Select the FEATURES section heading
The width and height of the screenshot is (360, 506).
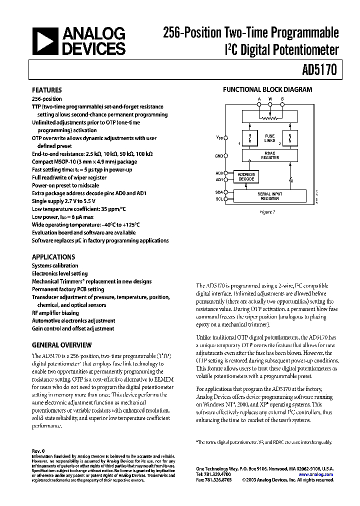[x=47, y=90]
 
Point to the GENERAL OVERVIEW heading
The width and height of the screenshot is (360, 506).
[x=62, y=345]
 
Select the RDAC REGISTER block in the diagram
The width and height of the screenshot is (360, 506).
[x=270, y=155]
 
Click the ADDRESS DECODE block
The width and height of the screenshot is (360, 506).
[x=246, y=176]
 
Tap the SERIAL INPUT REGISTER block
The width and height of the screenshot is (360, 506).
[x=270, y=195]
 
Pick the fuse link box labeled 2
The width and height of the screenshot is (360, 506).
[x=288, y=137]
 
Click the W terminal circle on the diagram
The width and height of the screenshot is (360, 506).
[x=270, y=104]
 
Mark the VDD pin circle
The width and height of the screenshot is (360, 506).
[x=226, y=137]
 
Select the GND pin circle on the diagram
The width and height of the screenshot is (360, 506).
[x=226, y=156]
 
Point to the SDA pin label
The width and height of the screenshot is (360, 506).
[x=218, y=192]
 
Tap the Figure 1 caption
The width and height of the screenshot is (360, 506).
[x=267, y=211]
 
